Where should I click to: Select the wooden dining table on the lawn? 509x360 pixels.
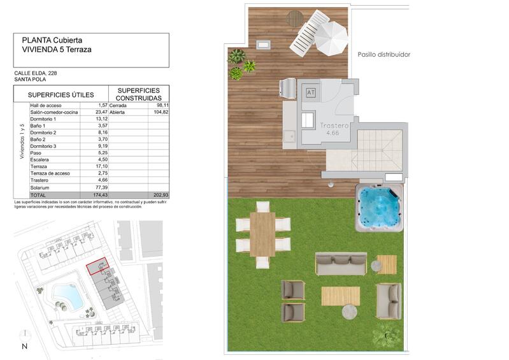pyautogui.click(x=262, y=233)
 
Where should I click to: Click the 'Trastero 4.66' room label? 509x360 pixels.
pyautogui.click(x=334, y=129)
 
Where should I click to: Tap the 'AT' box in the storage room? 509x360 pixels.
pyautogui.click(x=311, y=93)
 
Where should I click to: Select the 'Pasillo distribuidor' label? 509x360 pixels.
pyautogui.click(x=384, y=55)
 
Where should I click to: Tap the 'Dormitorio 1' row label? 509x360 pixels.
pyautogui.click(x=43, y=119)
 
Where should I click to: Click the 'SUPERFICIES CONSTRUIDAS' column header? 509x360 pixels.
pyautogui.click(x=139, y=94)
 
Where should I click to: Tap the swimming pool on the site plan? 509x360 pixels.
pyautogui.click(x=66, y=296)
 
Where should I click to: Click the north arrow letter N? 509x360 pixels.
pyautogui.click(x=24, y=347)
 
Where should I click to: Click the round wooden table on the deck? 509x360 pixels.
pyautogui.click(x=295, y=18)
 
